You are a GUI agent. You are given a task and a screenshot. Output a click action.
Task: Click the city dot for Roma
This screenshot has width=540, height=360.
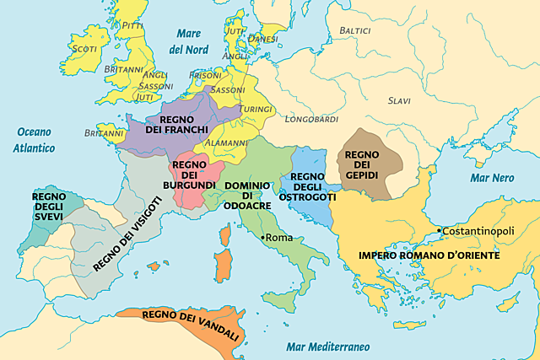pyautogui.click(x=262, y=239)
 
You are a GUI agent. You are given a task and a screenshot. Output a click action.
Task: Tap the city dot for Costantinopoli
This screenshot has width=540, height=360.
pyautogui.click(x=440, y=230)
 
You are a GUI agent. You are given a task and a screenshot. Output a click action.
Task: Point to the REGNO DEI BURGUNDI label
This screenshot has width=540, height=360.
pyautogui.click(x=194, y=172)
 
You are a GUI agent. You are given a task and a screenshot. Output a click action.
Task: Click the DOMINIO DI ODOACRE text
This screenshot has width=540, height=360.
pyautogui.click(x=247, y=194)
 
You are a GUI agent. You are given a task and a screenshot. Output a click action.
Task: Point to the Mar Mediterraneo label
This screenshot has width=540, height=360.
pyautogui.click(x=328, y=347)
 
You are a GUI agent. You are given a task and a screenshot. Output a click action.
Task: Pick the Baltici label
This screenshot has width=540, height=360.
pyautogui.click(x=354, y=30)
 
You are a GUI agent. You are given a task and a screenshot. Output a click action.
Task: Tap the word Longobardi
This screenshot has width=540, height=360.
pyautogui.click(x=311, y=119)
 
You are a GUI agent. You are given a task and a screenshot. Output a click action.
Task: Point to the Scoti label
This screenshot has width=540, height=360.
pyautogui.click(x=84, y=49)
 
